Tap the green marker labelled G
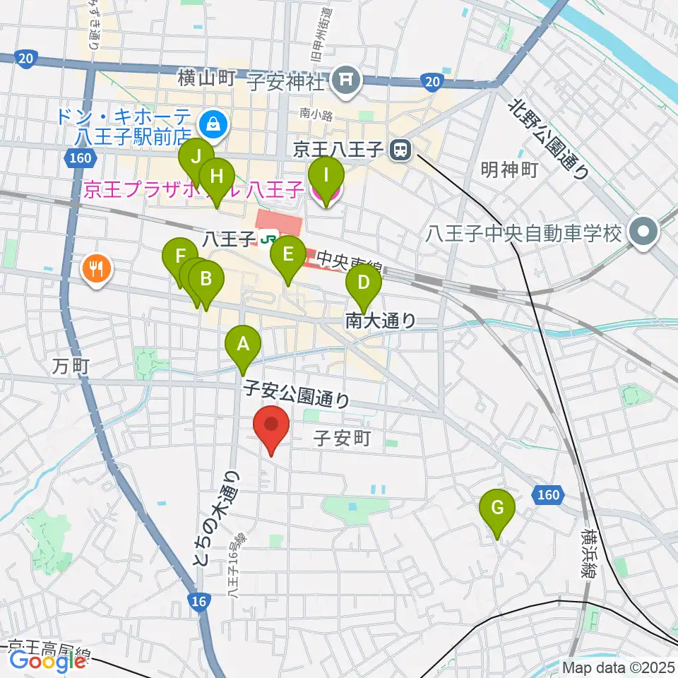point(497,509)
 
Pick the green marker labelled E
point(287,254)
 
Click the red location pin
point(272,425)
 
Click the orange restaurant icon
point(95,268)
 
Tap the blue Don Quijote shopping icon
point(211,125)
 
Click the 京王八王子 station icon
point(401,149)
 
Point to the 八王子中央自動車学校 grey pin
point(643,232)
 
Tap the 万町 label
point(71,366)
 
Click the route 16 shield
point(200,600)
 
